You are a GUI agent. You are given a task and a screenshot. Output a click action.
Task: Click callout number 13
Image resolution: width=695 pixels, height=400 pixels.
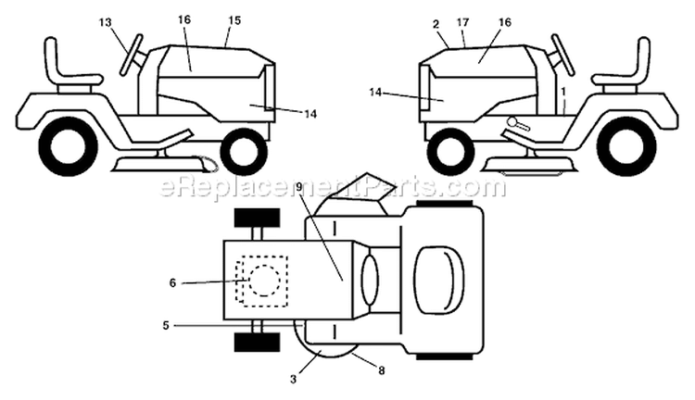[x=106, y=22]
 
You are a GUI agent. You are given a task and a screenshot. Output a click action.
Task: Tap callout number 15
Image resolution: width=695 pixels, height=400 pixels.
[x=234, y=20]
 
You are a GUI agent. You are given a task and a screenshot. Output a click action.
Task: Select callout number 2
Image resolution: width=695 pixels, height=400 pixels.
[x=436, y=24]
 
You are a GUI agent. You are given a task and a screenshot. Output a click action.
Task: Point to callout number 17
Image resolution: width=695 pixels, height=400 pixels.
[x=462, y=22]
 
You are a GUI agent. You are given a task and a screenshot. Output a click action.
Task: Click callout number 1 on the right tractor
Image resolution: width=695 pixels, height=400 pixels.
[x=563, y=92]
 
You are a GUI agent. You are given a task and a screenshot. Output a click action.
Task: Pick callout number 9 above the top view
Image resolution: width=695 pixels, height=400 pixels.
[x=299, y=187]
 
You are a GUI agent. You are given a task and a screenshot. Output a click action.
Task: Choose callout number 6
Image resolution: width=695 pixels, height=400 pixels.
[x=172, y=282]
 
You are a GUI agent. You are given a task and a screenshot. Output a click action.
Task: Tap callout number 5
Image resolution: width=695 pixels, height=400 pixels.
[x=166, y=326]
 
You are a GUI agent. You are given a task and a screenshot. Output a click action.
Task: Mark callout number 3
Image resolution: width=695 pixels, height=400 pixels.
[x=293, y=380]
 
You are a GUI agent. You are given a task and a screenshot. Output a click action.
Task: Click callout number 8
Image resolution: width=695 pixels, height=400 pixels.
[x=382, y=370]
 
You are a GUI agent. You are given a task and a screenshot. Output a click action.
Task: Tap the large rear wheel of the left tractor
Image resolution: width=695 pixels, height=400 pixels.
[x=68, y=147]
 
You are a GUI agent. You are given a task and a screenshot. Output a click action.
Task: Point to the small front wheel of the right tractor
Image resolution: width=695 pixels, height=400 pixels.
[x=449, y=152]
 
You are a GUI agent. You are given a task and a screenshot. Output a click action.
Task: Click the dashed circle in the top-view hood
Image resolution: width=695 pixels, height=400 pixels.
[x=264, y=281]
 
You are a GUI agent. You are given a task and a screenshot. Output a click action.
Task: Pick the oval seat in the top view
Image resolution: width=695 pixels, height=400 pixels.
[x=438, y=281]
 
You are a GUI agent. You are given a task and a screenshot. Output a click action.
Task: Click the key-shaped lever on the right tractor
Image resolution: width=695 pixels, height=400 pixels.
[x=517, y=123]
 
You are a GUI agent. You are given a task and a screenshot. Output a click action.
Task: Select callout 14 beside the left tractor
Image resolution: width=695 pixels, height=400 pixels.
[x=310, y=114]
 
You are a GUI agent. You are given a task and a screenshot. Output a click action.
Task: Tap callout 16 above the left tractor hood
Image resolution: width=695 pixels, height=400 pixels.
[x=184, y=19]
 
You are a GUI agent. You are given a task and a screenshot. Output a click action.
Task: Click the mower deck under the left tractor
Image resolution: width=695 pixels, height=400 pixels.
[x=163, y=164]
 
